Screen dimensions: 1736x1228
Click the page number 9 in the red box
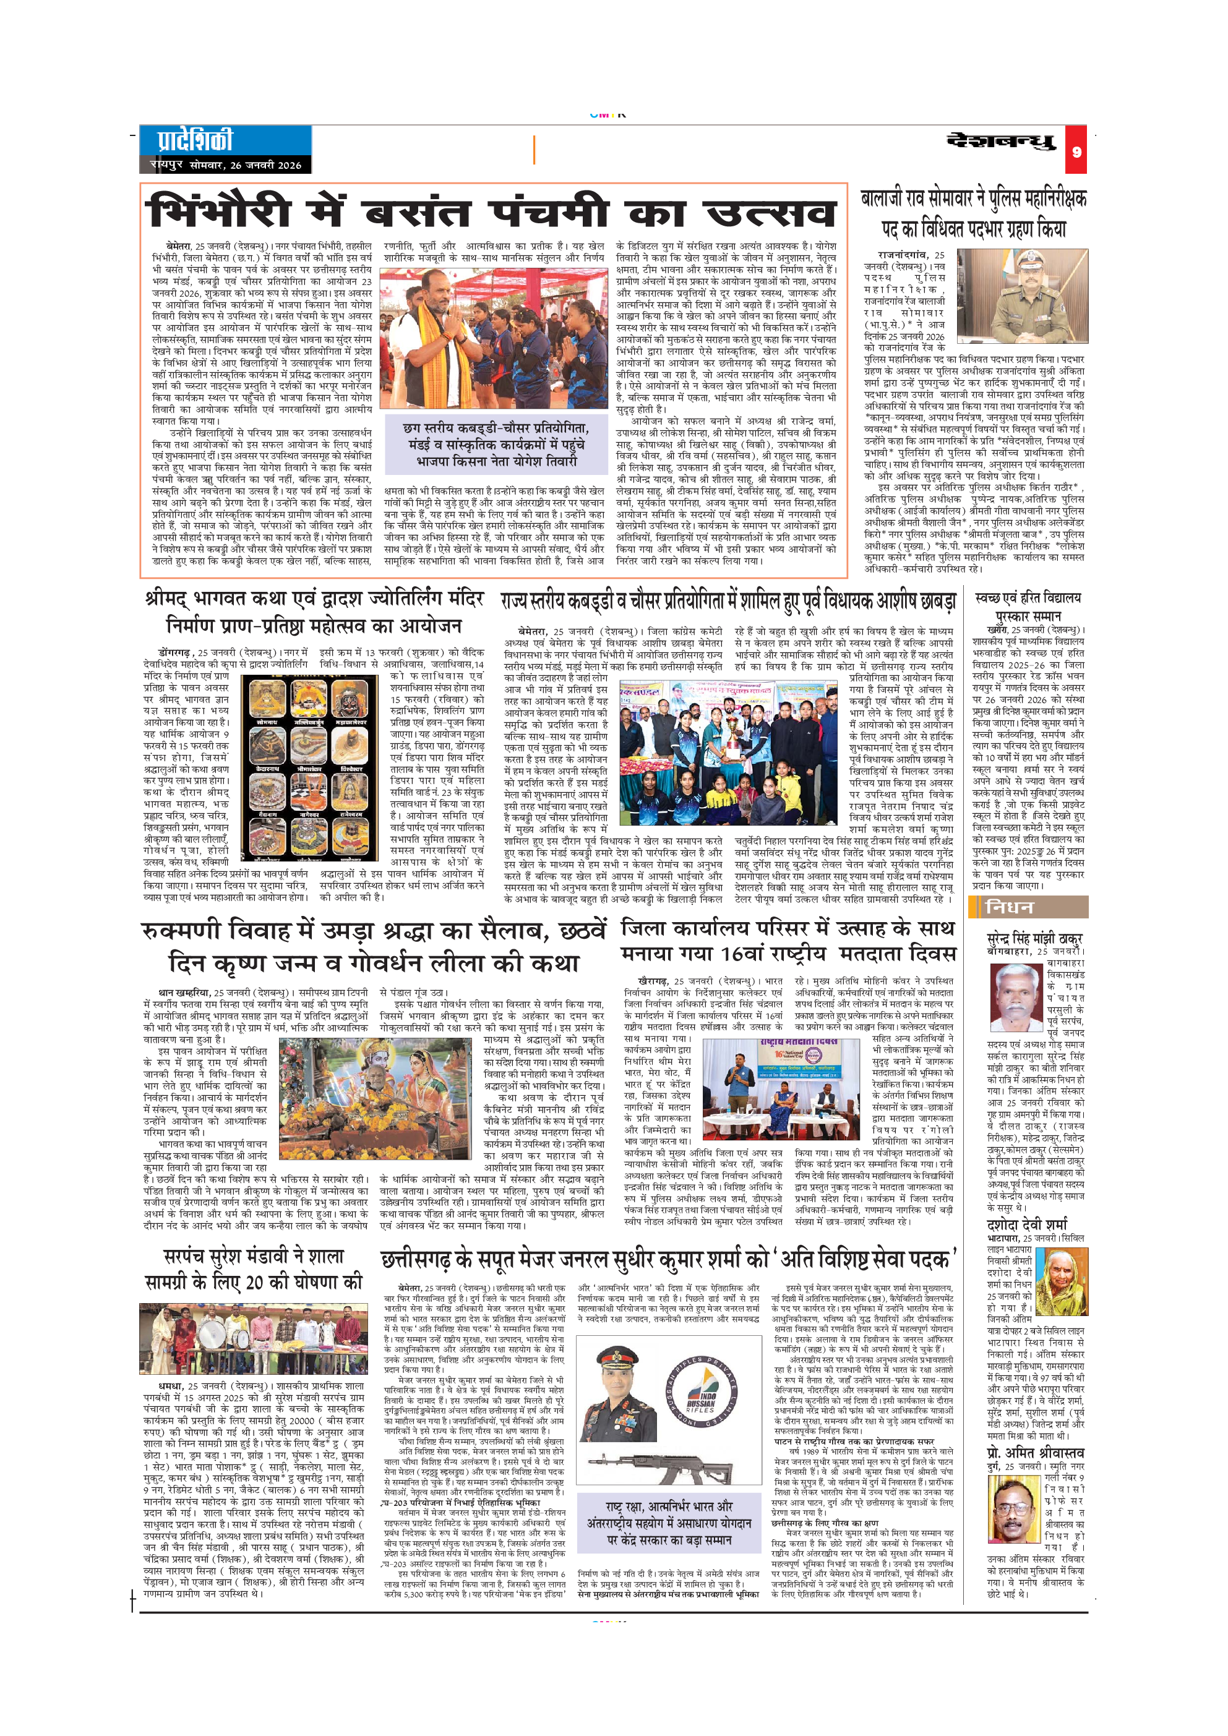1076,152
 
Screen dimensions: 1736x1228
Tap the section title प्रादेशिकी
195,140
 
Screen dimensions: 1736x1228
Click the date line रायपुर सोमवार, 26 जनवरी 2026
225,165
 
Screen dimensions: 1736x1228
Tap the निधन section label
1010,907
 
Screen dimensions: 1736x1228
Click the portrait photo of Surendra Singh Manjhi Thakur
1016,999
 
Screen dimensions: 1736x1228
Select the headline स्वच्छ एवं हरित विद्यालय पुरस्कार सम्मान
1028,605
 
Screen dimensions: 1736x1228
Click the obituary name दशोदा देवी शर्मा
1027,1225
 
